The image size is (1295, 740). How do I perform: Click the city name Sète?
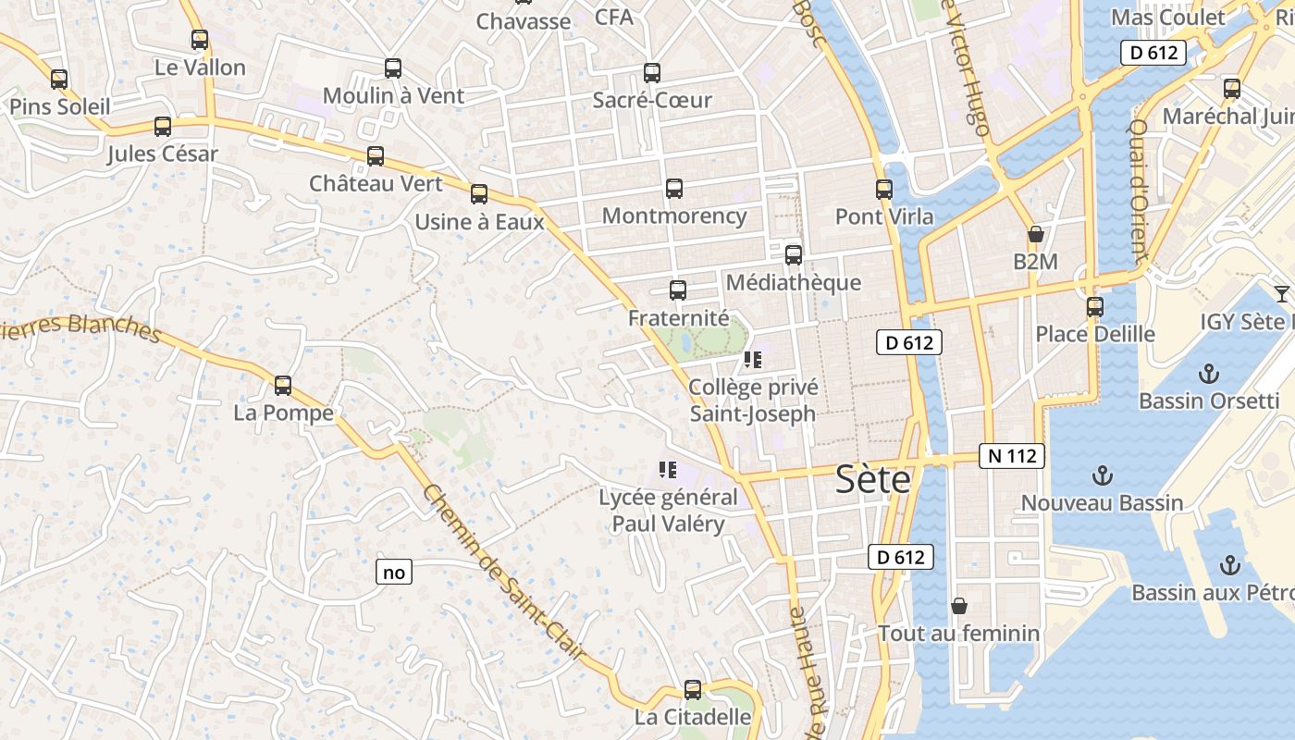coord(872,480)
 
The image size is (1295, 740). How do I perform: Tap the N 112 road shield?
coord(1012,456)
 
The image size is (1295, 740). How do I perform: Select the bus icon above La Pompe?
coord(283,385)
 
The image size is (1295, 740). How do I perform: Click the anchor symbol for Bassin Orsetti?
coord(1207,374)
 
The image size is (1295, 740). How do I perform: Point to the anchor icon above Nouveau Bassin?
coord(1102,476)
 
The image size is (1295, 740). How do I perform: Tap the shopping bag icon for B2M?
coord(1035,235)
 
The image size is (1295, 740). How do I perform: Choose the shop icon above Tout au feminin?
coord(959,606)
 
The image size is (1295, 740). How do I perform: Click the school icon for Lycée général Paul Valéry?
coord(668,470)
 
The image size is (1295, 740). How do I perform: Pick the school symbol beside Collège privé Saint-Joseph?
coord(752,360)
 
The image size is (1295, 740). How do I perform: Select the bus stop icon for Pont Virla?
coord(884,190)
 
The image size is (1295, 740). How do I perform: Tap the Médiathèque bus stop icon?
coord(794,255)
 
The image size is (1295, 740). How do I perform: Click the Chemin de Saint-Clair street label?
coord(503,573)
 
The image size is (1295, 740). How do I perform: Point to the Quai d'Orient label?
coord(1140,191)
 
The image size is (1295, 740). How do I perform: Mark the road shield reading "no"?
coord(394,573)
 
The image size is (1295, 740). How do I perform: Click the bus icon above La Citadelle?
coord(693,689)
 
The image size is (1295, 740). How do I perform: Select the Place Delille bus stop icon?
coord(1095,306)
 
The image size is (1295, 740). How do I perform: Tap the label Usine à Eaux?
coord(479,222)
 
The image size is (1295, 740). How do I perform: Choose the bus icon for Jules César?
coord(163,127)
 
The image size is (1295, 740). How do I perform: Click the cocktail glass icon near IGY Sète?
coord(1281,294)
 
